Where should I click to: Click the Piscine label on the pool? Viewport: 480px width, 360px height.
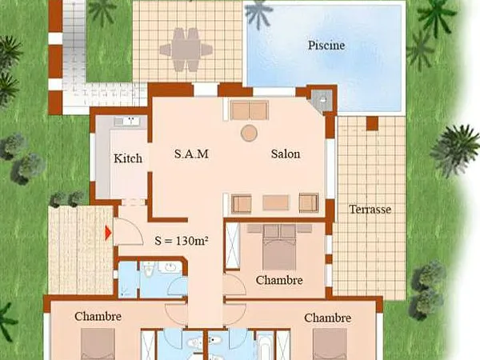[326, 46]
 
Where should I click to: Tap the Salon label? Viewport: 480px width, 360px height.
[286, 154]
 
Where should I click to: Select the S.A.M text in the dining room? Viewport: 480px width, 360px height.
[191, 154]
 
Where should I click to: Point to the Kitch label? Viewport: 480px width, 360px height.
[128, 158]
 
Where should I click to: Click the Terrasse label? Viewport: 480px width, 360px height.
[370, 210]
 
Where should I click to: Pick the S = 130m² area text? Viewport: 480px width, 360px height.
[182, 241]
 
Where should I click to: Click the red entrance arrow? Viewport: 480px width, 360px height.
[108, 233]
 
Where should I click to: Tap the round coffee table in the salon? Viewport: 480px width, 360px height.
[249, 133]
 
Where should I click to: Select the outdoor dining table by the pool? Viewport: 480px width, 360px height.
[186, 50]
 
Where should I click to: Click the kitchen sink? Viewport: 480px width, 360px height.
[130, 122]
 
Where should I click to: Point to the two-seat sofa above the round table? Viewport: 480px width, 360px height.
[250, 110]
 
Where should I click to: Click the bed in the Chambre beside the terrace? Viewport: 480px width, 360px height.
[279, 247]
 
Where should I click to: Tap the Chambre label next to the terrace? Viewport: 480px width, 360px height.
[279, 280]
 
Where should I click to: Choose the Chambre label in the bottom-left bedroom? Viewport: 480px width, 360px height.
[98, 316]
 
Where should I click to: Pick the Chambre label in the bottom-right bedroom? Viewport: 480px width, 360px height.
[327, 318]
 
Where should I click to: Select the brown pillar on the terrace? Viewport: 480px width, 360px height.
[372, 123]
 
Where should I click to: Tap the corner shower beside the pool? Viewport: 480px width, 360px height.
[322, 100]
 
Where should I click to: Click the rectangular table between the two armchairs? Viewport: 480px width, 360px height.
[275, 202]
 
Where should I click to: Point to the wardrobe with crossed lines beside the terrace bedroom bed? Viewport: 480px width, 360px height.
[232, 246]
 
